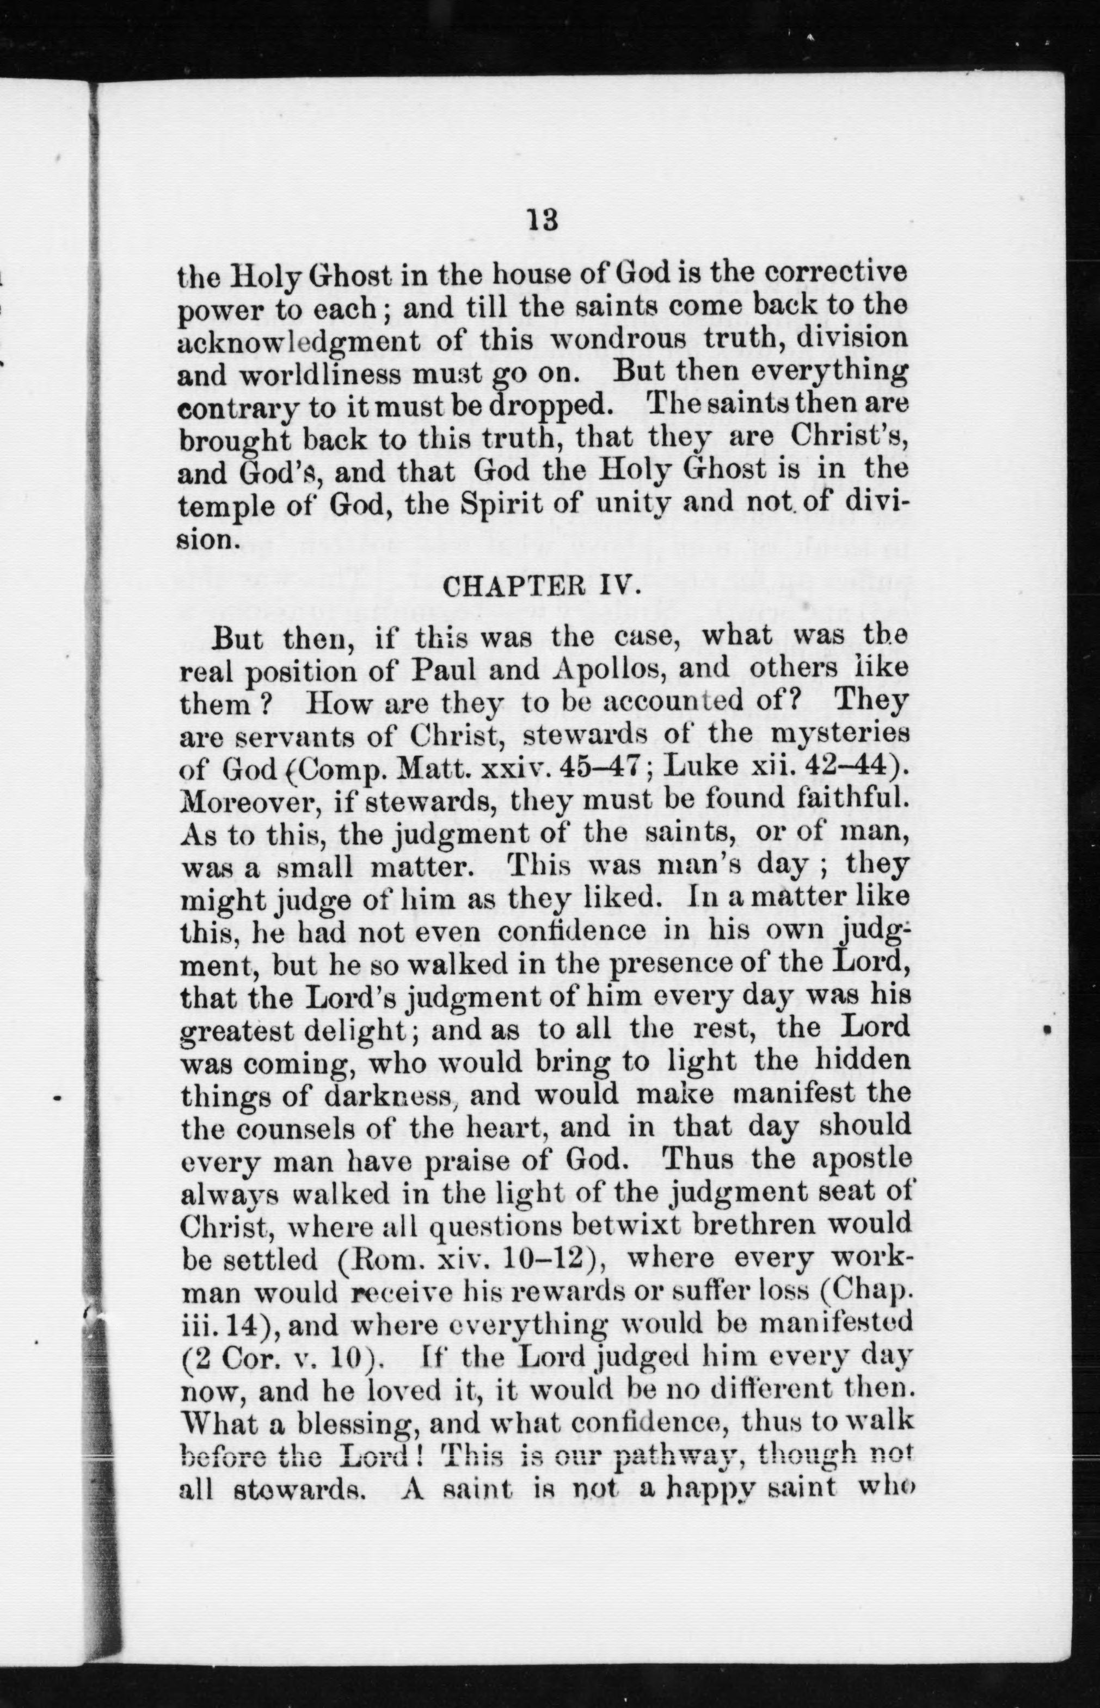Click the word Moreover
coord(240,803)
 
